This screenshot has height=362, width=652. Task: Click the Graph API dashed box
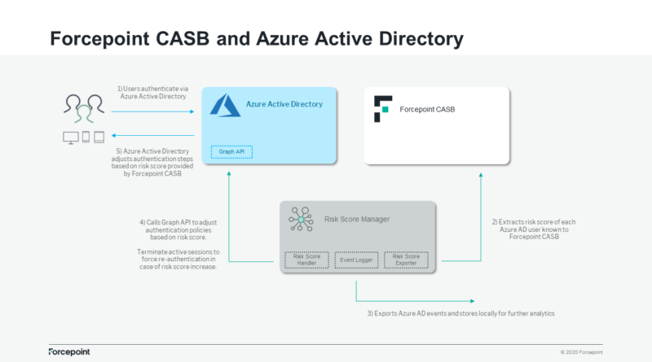point(231,152)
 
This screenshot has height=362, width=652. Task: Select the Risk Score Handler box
point(307,260)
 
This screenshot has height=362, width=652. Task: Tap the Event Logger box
point(356,260)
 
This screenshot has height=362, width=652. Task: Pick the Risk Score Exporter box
point(406,260)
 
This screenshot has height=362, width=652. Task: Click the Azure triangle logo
point(225,106)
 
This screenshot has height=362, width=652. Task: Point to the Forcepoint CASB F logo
point(383,109)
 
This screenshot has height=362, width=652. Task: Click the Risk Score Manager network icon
point(301,219)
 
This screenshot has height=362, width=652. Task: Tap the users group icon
point(84,109)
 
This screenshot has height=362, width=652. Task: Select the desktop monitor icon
point(71,137)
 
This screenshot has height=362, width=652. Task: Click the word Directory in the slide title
point(421,38)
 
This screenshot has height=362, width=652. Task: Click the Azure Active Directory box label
point(284,104)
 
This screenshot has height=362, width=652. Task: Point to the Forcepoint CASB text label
point(427,110)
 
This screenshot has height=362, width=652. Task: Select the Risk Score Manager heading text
point(357,219)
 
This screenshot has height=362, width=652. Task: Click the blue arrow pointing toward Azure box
point(152,111)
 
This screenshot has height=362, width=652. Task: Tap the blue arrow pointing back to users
point(152,135)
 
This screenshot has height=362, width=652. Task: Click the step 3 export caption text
point(460,313)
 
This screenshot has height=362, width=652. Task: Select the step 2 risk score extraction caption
point(534,229)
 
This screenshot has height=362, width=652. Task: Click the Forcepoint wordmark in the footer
point(69,352)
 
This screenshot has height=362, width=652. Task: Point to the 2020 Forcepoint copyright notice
point(581,352)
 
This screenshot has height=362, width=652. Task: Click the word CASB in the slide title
point(183,38)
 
